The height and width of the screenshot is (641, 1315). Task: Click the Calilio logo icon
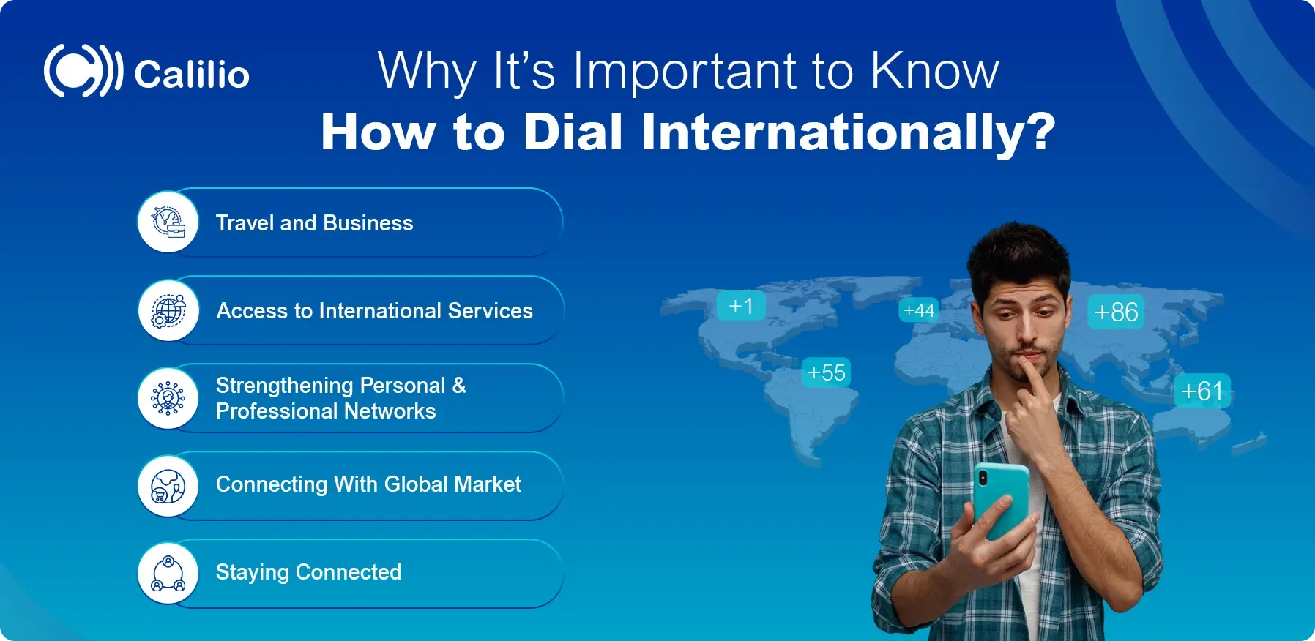[x=82, y=71]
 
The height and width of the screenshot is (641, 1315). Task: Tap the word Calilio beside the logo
[x=192, y=74]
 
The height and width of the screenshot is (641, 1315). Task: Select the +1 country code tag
[x=741, y=306]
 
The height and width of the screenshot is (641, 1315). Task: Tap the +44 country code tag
[x=919, y=311]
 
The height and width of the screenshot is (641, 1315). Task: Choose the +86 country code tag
[x=1116, y=312]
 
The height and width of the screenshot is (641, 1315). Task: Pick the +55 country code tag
[x=826, y=372]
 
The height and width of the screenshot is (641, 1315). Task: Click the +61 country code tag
[x=1202, y=391]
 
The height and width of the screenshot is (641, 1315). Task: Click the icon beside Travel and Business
[x=168, y=222]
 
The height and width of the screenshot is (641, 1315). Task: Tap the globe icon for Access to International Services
[x=168, y=310]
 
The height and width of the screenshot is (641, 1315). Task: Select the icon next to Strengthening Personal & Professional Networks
[x=168, y=398]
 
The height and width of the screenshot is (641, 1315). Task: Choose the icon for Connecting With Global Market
[x=168, y=486]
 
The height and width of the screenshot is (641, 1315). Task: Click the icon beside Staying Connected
[x=168, y=573]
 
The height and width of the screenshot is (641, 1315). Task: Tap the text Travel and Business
[x=314, y=223]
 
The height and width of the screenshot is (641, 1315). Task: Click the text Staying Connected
[x=308, y=572]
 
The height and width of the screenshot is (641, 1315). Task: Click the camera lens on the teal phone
[x=983, y=479]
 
